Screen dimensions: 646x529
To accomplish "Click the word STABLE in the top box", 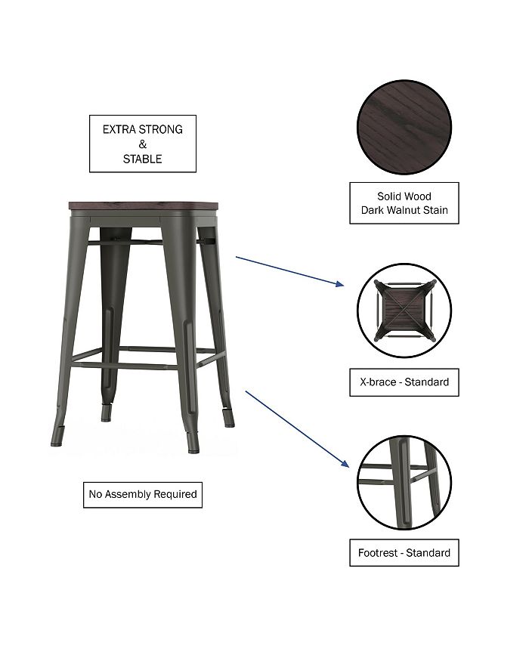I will [x=143, y=159].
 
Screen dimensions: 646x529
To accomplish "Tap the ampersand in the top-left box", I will [x=143, y=144].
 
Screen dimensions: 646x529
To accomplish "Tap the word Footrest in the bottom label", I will [x=380, y=553].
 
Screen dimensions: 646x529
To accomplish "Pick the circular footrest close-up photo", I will [x=404, y=482].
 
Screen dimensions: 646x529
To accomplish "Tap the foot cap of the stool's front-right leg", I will [x=193, y=449].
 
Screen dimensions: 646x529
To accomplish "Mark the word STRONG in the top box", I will [x=163, y=129].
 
